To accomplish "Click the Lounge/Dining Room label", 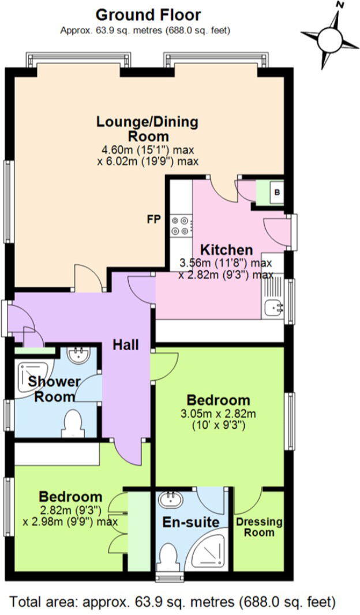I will click(148, 129).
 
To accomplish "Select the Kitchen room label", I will click(226, 250).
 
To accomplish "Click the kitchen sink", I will click(272, 308).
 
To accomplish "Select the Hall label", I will click(125, 345).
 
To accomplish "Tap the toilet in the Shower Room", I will click(73, 423).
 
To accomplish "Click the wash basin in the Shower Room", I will click(77, 355).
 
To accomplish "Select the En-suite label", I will click(191, 523).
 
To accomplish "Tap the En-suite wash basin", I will click(172, 498).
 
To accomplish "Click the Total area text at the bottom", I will click(172, 602).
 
